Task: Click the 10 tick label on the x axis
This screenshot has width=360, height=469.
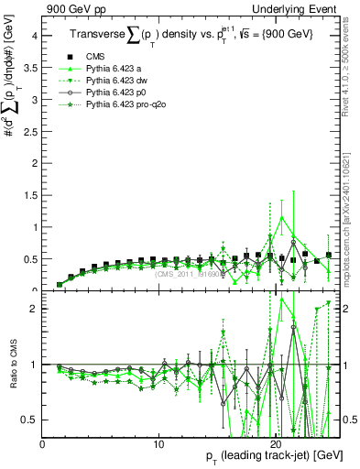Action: (158, 444)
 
